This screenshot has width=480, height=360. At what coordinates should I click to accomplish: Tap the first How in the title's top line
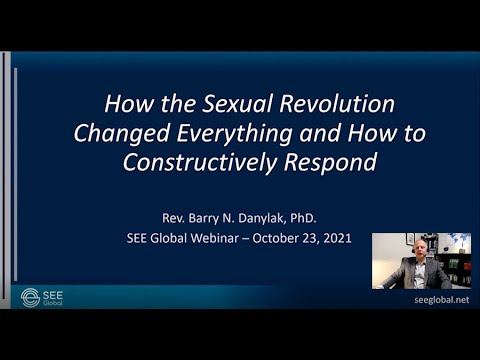click(128, 104)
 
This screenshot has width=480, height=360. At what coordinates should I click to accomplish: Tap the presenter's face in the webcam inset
click(416, 250)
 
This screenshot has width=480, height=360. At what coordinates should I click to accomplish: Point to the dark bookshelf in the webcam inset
click(458, 270)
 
